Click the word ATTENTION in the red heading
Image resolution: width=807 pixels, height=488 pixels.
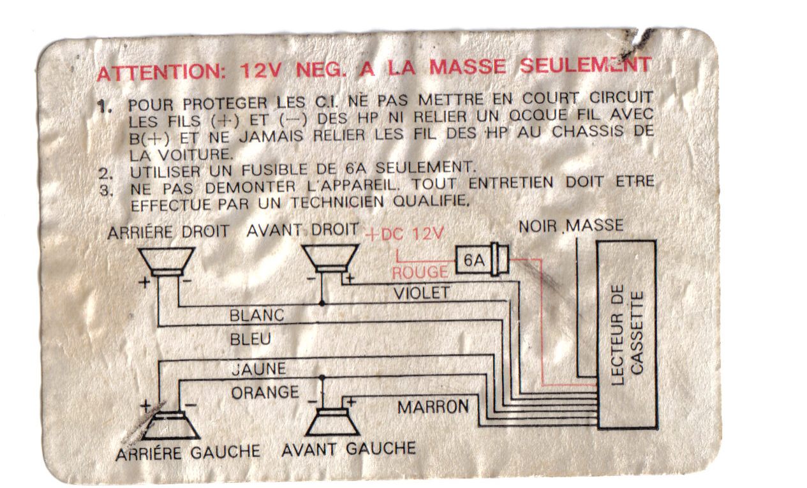tap(161, 72)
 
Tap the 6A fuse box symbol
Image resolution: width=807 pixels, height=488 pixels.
tap(482, 259)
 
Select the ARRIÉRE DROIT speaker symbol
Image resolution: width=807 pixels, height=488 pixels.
tap(167, 262)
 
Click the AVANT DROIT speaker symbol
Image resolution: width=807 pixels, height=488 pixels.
tap(330, 258)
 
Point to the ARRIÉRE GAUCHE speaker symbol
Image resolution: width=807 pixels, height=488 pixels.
tap(170, 425)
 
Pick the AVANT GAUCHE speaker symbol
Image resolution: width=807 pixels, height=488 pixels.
tap(332, 422)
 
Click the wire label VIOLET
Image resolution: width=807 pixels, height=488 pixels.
tap(422, 293)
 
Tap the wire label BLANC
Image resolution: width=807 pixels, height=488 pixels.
tap(256, 316)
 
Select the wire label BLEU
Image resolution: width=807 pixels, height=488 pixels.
tap(250, 339)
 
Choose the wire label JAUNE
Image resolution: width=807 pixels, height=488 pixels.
tap(259, 369)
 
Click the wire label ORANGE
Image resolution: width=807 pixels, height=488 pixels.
tap(265, 392)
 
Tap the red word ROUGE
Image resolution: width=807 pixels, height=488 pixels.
tap(420, 272)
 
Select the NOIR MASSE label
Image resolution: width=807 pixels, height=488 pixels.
tap(571, 226)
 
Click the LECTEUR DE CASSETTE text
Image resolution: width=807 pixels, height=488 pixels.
tap(627, 335)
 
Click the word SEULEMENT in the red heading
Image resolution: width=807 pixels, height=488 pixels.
tap(586, 66)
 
